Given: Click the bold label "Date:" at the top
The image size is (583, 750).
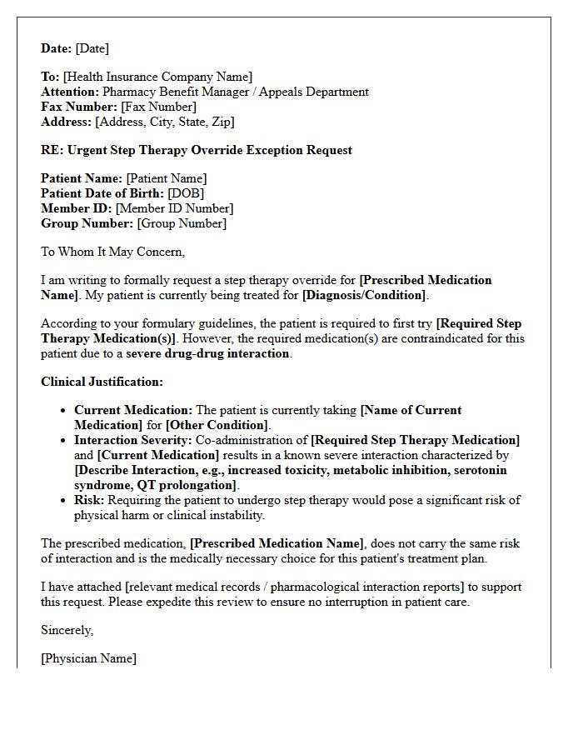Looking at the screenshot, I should pyautogui.click(x=57, y=49).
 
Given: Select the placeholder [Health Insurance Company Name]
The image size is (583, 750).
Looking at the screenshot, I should pyautogui.click(x=157, y=77).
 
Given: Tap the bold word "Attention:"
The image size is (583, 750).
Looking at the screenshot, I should pyautogui.click(x=70, y=92).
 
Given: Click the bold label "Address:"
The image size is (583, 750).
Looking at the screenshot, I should pyautogui.click(x=67, y=122).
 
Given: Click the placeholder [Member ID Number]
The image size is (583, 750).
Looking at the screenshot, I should pyautogui.click(x=174, y=208).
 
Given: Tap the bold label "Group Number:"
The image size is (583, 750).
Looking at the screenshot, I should pyautogui.click(x=87, y=223).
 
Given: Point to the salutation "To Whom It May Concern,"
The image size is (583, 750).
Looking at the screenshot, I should pyautogui.click(x=113, y=252).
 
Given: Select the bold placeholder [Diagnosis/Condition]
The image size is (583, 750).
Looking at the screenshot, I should pyautogui.click(x=364, y=295).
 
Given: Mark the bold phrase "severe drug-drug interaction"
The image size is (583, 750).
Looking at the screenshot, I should pyautogui.click(x=207, y=353).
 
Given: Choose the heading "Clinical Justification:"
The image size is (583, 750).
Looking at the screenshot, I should pyautogui.click(x=102, y=382).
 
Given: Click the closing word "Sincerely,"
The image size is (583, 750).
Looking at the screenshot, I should pyautogui.click(x=67, y=630).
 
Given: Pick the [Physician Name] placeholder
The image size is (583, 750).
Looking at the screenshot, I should pyautogui.click(x=88, y=658).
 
